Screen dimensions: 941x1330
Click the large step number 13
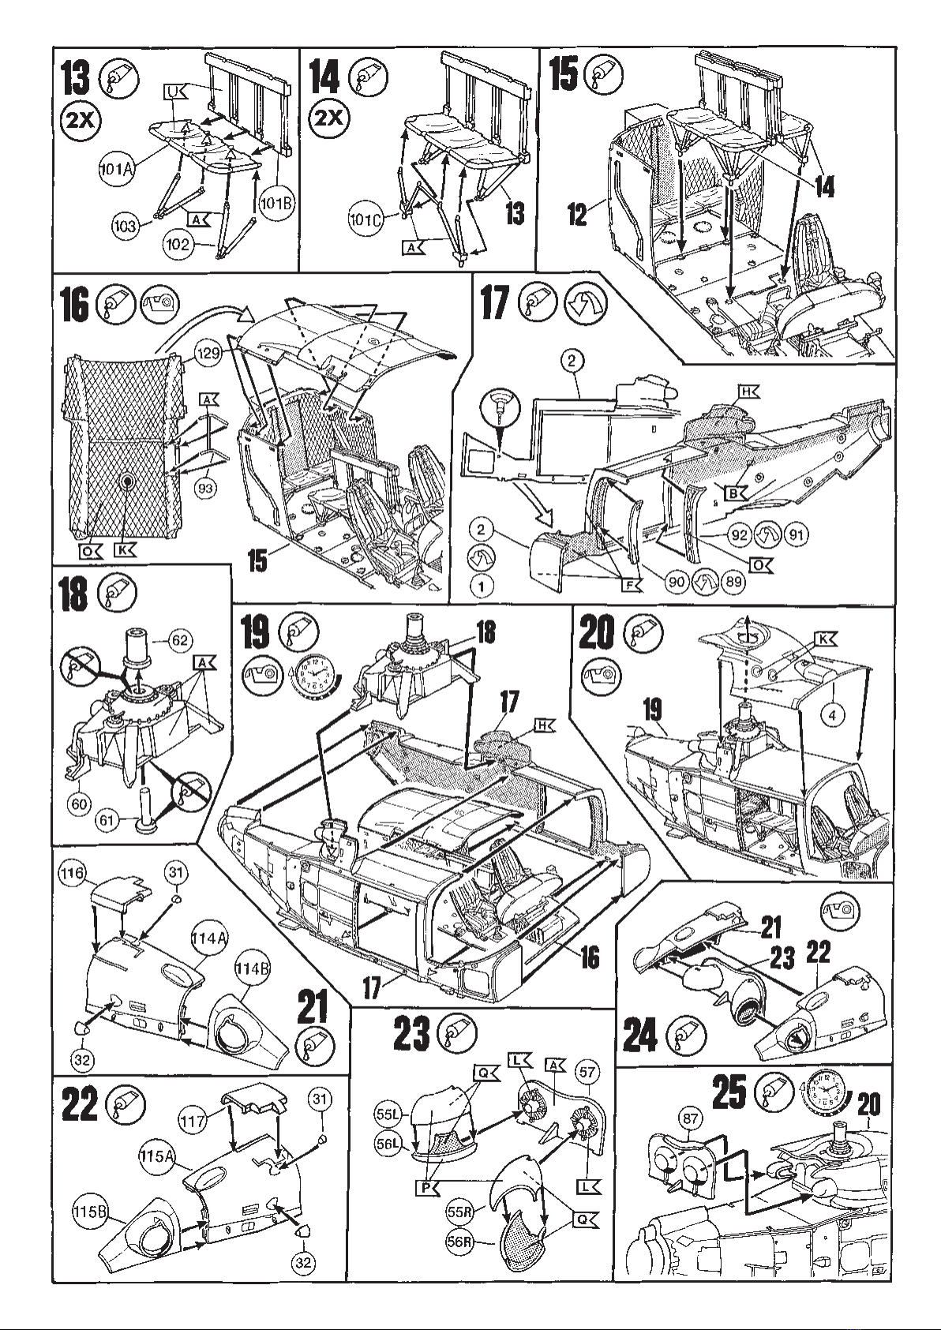[76, 79]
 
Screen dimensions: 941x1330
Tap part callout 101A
[116, 169]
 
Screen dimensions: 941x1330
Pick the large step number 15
[564, 76]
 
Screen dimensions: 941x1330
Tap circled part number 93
[207, 488]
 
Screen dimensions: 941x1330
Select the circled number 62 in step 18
[180, 640]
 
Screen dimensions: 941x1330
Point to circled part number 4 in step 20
[832, 715]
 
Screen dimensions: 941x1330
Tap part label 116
[72, 873]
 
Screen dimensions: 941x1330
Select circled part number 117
[193, 1122]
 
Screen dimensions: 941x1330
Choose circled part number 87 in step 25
[690, 1119]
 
